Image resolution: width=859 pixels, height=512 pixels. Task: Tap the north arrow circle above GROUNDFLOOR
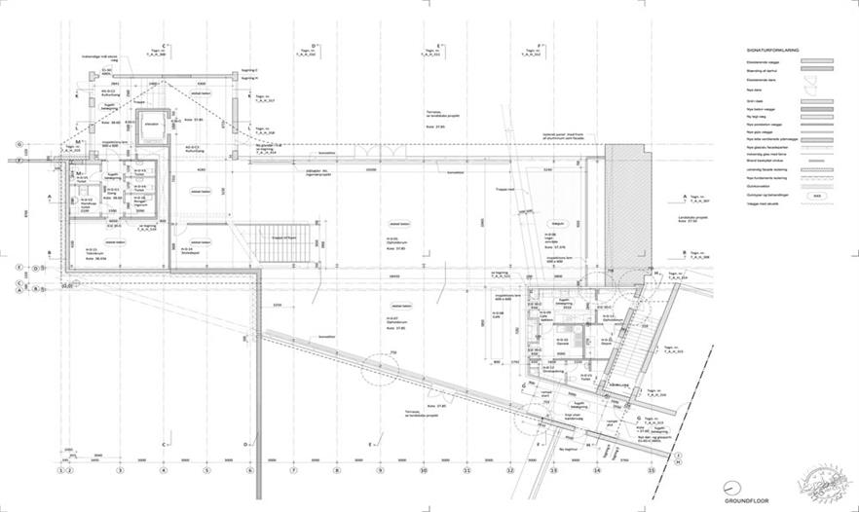pos(730,489)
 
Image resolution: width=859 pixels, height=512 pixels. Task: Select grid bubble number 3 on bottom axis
pos(120,470)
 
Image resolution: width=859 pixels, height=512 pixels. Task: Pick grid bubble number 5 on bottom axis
pos(206,470)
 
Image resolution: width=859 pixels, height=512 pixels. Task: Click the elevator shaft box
pos(151,128)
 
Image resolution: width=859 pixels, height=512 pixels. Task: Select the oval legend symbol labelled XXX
pos(816,195)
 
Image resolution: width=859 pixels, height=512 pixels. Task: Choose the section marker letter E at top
pos(441,45)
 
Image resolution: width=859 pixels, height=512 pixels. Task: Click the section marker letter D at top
pos(314,45)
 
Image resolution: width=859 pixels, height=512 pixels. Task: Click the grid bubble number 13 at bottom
pos(554,470)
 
